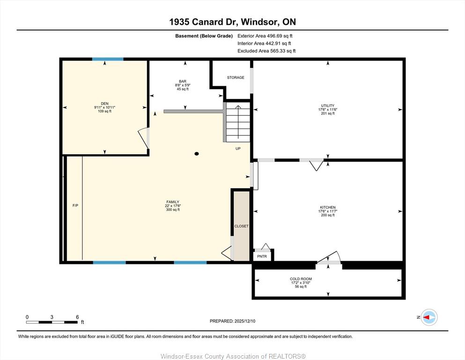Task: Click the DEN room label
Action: pyautogui.click(x=105, y=104)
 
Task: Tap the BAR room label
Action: pyautogui.click(x=183, y=81)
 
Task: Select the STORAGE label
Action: pyautogui.click(x=236, y=77)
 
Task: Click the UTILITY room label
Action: pyautogui.click(x=328, y=105)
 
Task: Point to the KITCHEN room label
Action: pyautogui.click(x=328, y=208)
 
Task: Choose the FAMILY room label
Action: pyautogui.click(x=173, y=202)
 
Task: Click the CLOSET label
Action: pyautogui.click(x=241, y=226)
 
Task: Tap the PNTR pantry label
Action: pyautogui.click(x=262, y=256)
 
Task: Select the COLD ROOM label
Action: pyautogui.click(x=301, y=279)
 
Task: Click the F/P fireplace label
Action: pyautogui.click(x=75, y=205)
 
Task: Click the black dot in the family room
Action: pyautogui.click(x=196, y=154)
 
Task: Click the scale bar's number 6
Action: pyautogui.click(x=77, y=317)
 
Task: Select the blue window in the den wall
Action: pyautogui.click(x=108, y=60)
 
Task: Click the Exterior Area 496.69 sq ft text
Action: pyautogui.click(x=265, y=36)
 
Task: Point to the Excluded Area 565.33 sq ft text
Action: pyautogui.click(x=266, y=51)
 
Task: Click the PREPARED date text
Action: pyautogui.click(x=232, y=321)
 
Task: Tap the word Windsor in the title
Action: pyautogui.click(x=259, y=22)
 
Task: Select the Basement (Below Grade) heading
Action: pyautogui.click(x=204, y=36)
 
